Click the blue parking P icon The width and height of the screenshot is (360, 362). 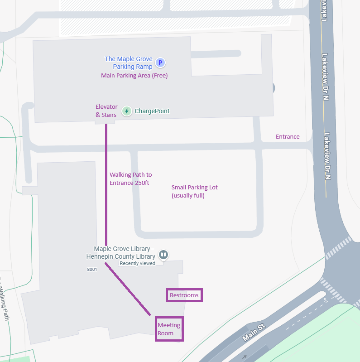[x=159, y=63]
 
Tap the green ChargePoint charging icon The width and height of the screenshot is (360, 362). [x=127, y=111]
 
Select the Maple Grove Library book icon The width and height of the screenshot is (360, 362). [x=164, y=255]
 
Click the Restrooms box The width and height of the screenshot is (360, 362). [x=184, y=295]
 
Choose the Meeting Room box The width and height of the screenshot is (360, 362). [x=169, y=329]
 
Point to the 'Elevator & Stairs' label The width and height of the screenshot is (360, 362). [x=106, y=111]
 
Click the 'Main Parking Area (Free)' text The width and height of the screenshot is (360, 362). [x=134, y=76]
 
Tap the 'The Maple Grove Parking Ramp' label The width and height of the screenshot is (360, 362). [x=129, y=63]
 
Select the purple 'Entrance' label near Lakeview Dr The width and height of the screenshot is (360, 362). [x=288, y=136]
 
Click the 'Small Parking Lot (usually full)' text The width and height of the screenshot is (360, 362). [x=195, y=191]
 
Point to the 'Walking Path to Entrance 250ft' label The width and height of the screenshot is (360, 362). [x=131, y=179]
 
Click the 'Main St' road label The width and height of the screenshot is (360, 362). [x=253, y=332]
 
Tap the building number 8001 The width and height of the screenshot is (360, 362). [x=92, y=269]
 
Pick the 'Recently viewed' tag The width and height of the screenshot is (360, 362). [x=137, y=263]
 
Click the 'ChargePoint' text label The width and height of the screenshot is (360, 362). [x=152, y=111]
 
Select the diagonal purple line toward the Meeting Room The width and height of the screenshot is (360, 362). [x=128, y=289]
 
